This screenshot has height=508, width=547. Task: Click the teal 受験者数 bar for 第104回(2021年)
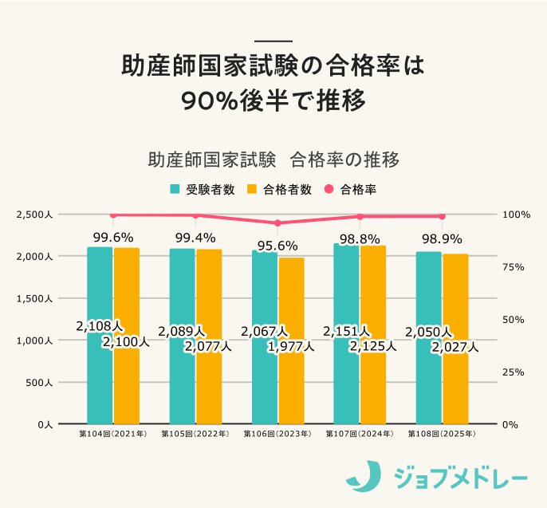[100, 375]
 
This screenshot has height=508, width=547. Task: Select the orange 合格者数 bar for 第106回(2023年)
[291, 383]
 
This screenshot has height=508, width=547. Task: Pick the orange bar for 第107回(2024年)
[373, 383]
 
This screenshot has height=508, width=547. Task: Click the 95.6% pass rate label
[277, 246]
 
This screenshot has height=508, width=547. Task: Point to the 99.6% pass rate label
[112, 237]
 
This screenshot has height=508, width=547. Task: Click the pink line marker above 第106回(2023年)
[277, 223]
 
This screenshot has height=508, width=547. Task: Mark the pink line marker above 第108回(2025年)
[442, 216]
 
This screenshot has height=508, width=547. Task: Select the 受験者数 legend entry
[203, 190]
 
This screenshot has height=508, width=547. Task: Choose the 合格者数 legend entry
[280, 190]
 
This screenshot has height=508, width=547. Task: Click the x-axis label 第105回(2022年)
[195, 435]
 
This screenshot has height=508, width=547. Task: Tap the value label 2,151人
[346, 331]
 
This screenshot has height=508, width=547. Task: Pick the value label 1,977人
[290, 346]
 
